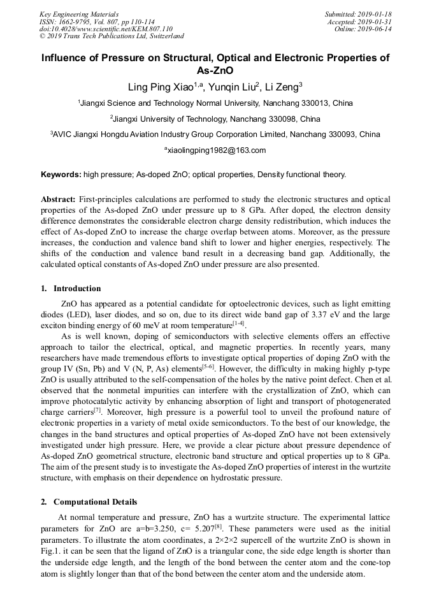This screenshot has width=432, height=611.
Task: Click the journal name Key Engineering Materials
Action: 79,14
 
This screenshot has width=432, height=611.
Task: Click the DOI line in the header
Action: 106,29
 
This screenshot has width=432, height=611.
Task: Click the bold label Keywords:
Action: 61,174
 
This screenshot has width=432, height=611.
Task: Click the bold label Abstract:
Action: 59,199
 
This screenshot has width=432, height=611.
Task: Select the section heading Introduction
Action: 76,289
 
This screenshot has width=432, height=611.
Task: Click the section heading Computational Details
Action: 95,502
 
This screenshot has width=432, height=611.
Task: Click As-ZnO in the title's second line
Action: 215,71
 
